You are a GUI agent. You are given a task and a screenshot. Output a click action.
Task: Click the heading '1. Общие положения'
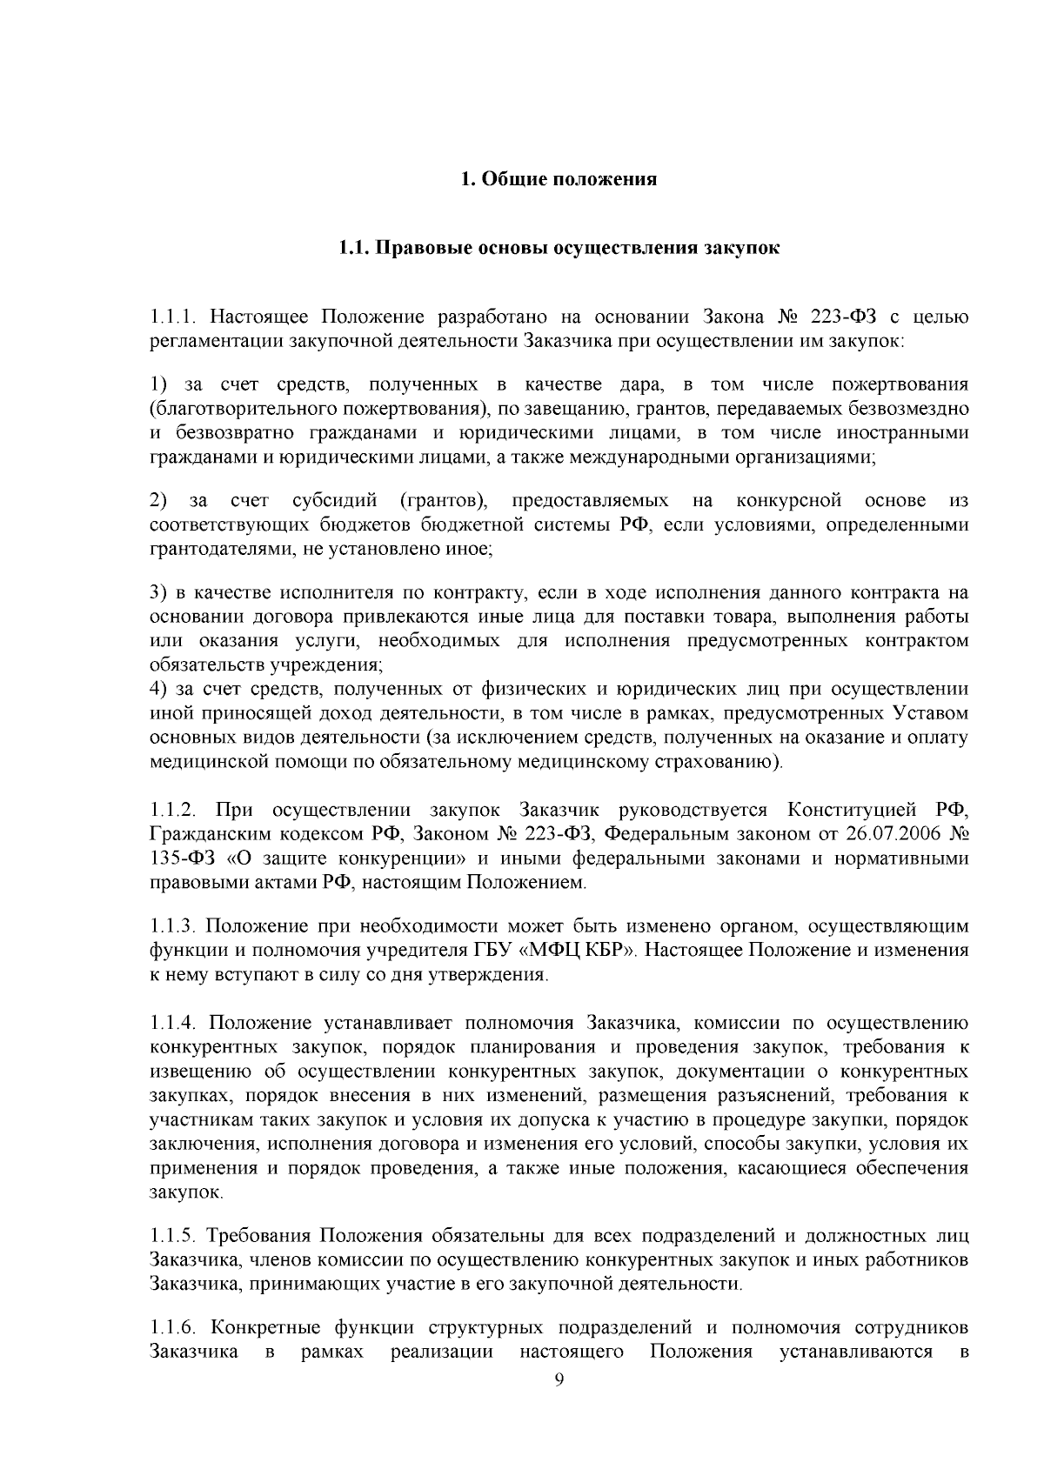pos(559,180)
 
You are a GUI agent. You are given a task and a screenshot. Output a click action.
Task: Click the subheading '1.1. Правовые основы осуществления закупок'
pos(559,249)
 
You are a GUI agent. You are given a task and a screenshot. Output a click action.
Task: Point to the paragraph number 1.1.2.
pos(176,811)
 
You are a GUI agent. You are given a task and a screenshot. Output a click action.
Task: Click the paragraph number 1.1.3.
pos(176,925)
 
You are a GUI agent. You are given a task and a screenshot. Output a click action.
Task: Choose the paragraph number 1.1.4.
pos(176,1022)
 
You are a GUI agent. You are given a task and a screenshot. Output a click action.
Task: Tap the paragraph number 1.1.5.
pos(176,1236)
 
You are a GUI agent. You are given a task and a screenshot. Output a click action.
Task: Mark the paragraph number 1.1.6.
pos(176,1328)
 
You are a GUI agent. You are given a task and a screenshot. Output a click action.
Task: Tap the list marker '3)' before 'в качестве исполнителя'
pos(158,593)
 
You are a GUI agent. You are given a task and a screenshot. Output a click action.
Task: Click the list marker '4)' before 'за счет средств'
pos(158,690)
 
